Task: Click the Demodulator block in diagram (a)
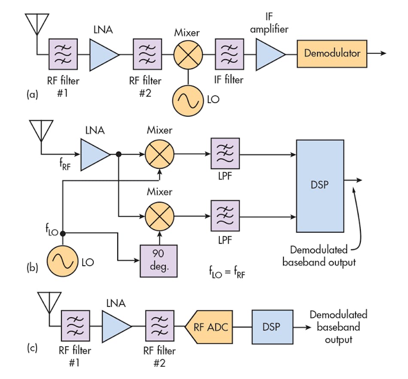click(x=332, y=54)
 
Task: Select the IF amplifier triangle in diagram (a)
click(x=269, y=54)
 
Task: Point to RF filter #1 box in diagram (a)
click(x=63, y=54)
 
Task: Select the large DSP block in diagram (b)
click(x=320, y=185)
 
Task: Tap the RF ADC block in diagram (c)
click(x=209, y=326)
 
